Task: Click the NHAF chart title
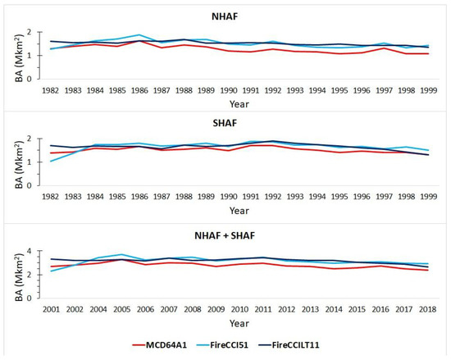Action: pos(225,16)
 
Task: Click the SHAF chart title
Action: pos(225,123)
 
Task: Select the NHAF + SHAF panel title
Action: pos(225,235)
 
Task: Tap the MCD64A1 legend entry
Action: pos(160,344)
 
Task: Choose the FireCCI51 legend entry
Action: pos(222,344)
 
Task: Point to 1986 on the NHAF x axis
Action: pos(139,90)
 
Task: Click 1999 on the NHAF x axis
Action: pos(429,90)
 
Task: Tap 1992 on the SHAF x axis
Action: pos(273,197)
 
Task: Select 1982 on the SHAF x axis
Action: pos(50,197)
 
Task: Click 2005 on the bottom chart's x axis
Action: pos(121,309)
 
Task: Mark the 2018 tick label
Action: pos(428,309)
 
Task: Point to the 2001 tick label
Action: pos(51,309)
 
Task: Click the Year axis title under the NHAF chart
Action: pos(239,104)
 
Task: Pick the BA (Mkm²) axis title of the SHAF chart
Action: pos(19,165)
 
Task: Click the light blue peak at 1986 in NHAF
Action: pos(139,34)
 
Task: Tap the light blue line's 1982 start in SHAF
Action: pos(51,162)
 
